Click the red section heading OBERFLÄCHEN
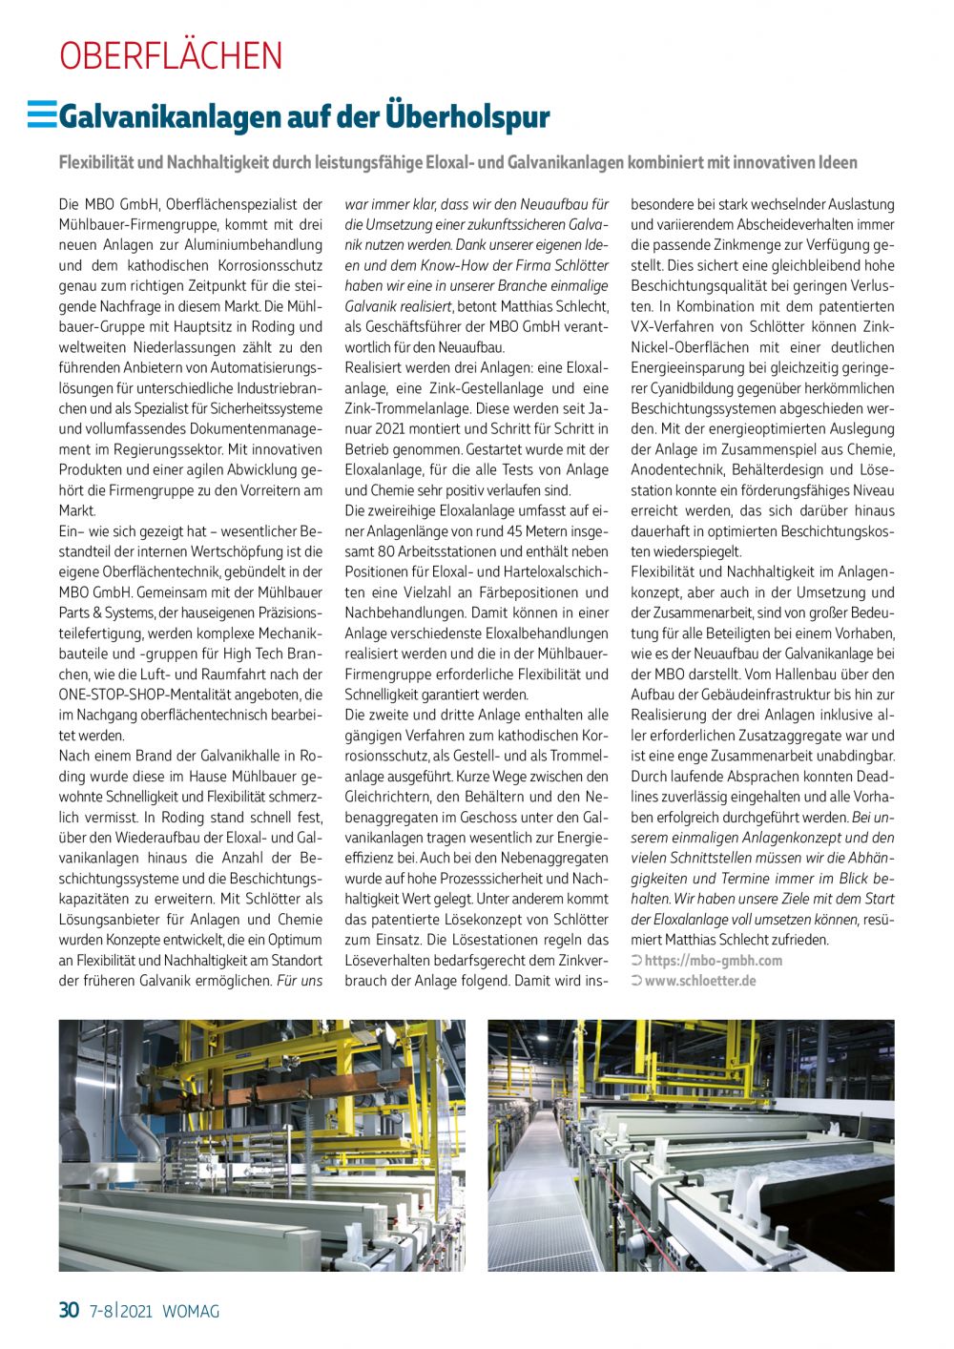(x=171, y=56)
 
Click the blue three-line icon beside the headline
(x=42, y=114)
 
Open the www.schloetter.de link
(x=700, y=981)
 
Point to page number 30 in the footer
(x=69, y=1310)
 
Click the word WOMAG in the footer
(x=191, y=1311)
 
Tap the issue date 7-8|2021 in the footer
(x=121, y=1311)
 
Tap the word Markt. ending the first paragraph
(x=77, y=510)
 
